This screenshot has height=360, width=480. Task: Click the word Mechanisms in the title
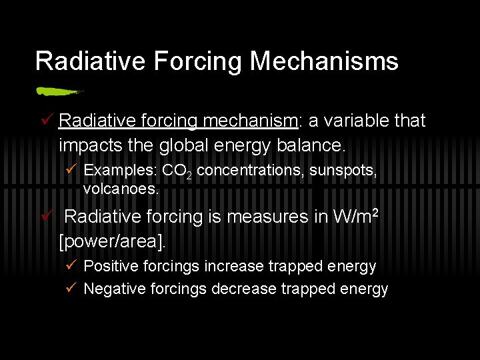pos(324,61)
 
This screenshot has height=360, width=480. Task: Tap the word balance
pos(313,144)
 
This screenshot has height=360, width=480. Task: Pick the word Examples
pos(121,171)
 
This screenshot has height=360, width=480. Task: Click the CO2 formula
pos(177,171)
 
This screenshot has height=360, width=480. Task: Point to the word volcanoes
pos(121,189)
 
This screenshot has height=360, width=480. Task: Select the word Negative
pos(111,289)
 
